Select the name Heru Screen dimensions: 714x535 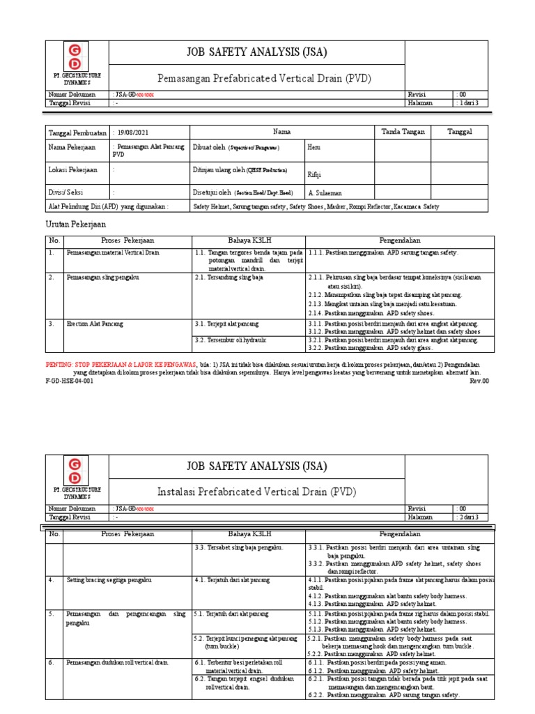pyautogui.click(x=314, y=148)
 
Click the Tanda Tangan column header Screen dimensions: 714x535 pyautogui.click(x=403, y=131)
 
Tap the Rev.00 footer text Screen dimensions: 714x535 pyautogui.click(x=479, y=381)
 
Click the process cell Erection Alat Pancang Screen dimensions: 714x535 pyautogui.click(x=95, y=324)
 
